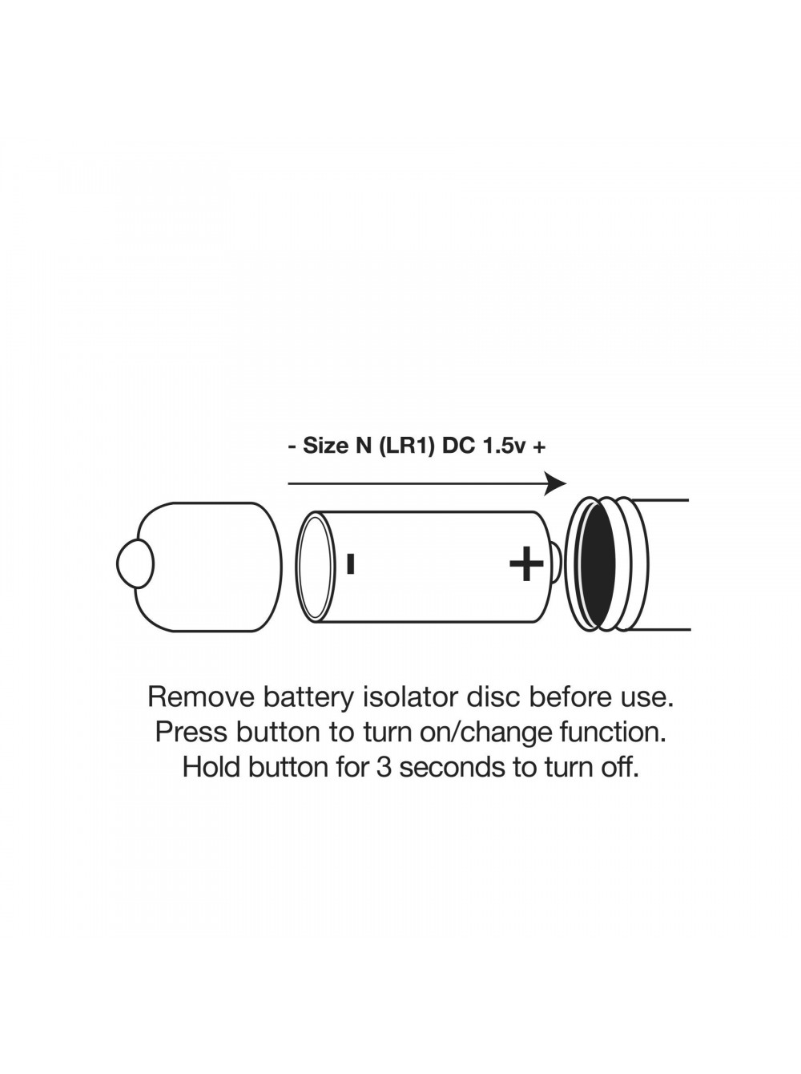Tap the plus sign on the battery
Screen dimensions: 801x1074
526,563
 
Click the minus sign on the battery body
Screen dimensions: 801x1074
350,563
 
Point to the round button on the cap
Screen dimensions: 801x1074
135,563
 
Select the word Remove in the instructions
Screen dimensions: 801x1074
201,697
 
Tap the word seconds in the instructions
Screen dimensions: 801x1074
452,767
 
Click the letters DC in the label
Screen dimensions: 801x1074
458,446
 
